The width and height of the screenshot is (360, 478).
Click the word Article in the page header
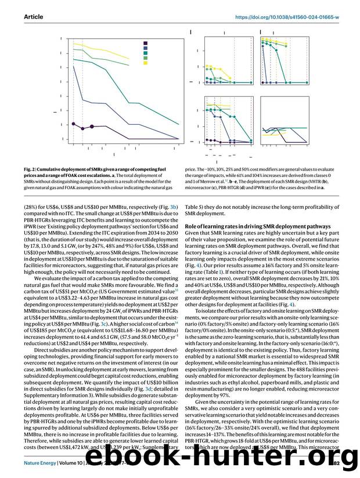34,17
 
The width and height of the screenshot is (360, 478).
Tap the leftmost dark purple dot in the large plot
74,124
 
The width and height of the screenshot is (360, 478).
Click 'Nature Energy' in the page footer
41,463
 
